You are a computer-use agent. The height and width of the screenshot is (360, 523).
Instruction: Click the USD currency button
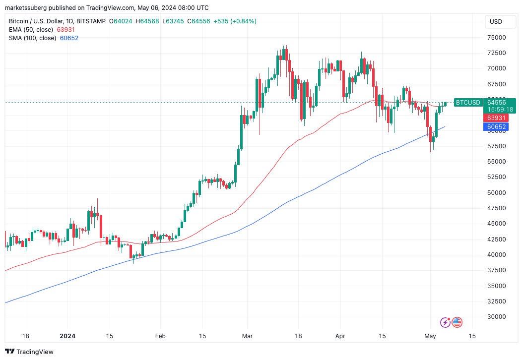tap(496, 22)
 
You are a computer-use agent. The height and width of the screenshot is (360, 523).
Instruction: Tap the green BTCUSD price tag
tap(467, 103)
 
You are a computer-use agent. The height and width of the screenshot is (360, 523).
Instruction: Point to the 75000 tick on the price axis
tap(496, 38)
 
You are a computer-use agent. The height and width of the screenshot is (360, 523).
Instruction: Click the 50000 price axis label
tap(496, 193)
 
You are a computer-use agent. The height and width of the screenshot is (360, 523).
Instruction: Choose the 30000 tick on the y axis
tap(496, 317)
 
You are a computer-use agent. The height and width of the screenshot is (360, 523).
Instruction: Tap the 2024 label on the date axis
tap(67, 336)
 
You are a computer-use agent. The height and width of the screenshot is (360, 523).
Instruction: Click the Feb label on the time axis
tap(160, 336)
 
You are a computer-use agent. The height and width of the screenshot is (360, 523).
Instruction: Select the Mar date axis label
tap(247, 336)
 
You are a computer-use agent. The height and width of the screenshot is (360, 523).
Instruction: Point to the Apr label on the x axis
tap(340, 336)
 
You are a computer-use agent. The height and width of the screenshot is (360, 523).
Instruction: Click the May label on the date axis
tap(430, 336)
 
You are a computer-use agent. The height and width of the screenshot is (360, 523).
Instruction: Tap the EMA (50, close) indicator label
tap(32, 30)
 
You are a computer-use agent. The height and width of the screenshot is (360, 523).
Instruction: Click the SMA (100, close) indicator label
tap(33, 38)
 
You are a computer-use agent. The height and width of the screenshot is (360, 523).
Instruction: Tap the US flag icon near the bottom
tap(457, 322)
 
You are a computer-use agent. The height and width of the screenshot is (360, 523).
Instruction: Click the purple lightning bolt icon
tap(445, 322)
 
